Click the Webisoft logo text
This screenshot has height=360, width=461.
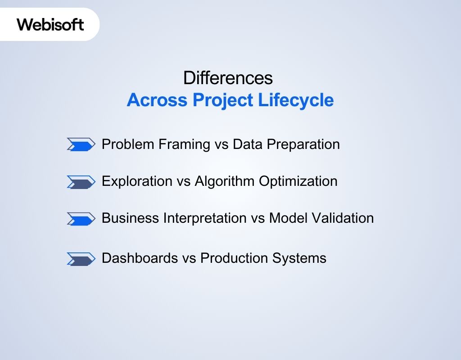50,24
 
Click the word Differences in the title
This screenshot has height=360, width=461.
228,78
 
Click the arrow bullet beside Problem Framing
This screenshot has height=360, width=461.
81,144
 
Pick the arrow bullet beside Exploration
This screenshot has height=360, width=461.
81,182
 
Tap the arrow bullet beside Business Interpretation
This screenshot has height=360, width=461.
81,219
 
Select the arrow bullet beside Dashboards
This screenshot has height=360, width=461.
81,259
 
